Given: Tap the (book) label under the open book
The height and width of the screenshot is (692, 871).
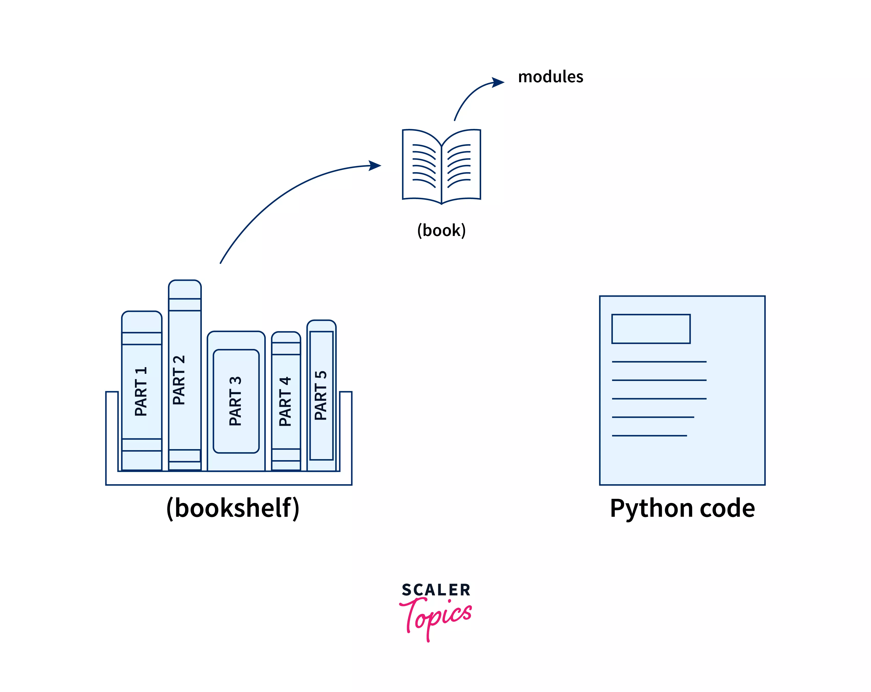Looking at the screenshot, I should point(441,230).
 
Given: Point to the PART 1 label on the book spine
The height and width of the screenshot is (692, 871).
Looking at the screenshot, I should point(141,391).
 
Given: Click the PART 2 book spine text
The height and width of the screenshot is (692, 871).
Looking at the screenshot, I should point(179,380).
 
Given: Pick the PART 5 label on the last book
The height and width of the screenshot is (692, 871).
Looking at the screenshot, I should point(321,395).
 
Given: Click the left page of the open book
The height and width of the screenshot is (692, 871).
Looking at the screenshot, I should point(422,166).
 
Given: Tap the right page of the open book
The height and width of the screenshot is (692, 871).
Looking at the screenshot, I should point(460,166).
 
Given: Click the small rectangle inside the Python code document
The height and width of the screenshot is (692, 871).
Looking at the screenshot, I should point(651,329).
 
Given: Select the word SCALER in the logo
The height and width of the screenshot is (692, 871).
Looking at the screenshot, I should point(436,590).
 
